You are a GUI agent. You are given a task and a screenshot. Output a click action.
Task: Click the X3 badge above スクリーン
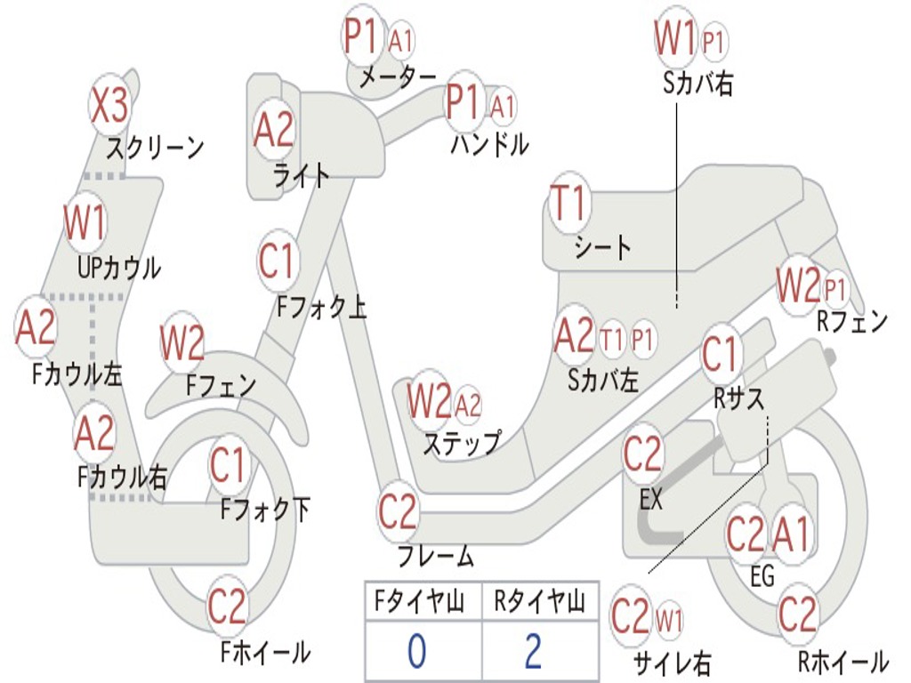click(x=109, y=106)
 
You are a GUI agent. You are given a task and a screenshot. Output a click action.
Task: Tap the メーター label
click(x=398, y=79)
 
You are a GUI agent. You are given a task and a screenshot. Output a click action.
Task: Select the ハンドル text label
click(x=489, y=144)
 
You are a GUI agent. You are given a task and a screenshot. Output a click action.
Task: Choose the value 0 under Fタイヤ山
click(x=416, y=651)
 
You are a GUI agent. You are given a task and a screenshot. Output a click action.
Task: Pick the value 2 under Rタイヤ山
click(x=533, y=651)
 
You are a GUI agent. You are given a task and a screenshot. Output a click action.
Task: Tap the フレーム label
click(x=436, y=558)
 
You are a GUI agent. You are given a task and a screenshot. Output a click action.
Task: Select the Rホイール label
click(x=842, y=662)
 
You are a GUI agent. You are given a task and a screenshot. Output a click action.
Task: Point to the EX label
click(x=651, y=500)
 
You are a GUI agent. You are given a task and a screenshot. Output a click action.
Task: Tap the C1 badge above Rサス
click(x=720, y=353)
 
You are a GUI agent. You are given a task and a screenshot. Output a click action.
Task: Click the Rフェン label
click(x=851, y=322)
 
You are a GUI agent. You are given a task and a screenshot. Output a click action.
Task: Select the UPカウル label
click(x=118, y=267)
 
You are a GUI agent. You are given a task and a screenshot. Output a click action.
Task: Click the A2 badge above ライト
click(x=273, y=130)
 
